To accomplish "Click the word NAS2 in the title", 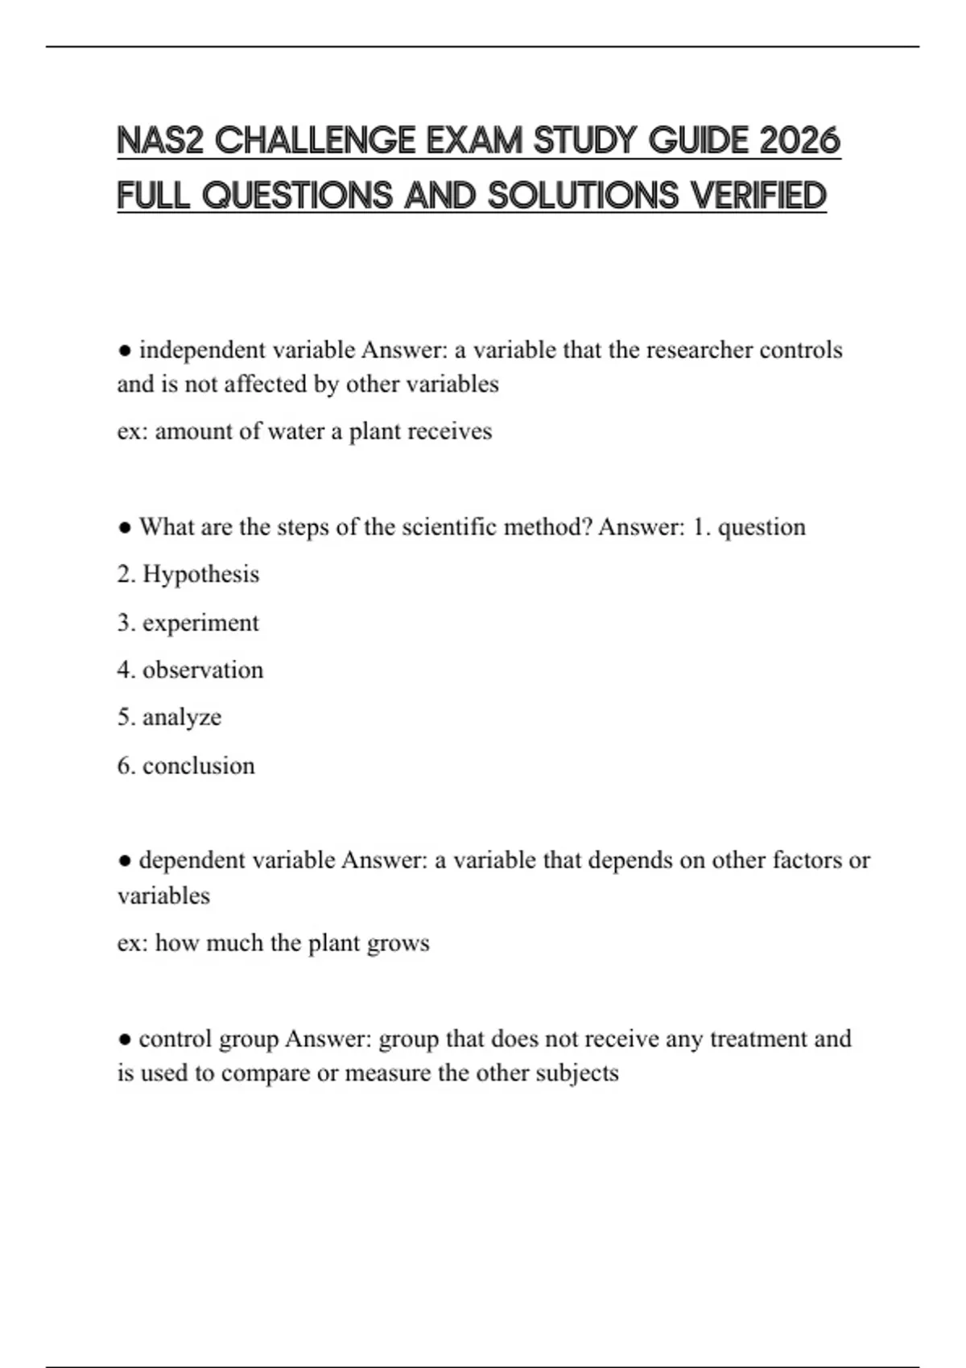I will [x=161, y=141].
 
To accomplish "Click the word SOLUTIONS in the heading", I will [x=584, y=196].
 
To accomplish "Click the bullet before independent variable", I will [x=125, y=351].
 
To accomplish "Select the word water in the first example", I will [x=295, y=431].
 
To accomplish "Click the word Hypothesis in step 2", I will [x=200, y=575].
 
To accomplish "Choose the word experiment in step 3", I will [x=200, y=623].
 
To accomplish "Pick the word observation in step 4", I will [x=203, y=670].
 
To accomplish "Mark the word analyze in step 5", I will [x=182, y=717].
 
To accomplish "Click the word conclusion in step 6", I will [x=198, y=765].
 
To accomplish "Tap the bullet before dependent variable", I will [x=125, y=860].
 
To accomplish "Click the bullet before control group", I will [x=125, y=1039].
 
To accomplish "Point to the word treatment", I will [x=758, y=1039].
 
